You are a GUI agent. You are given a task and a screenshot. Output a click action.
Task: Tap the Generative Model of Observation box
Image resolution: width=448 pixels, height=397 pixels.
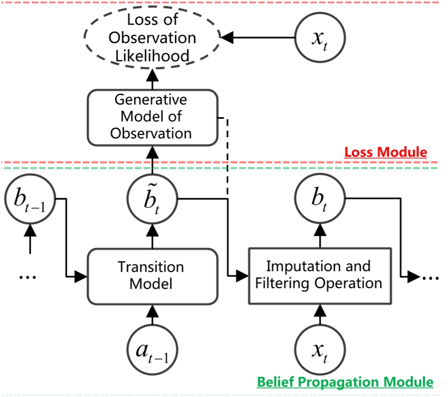152,117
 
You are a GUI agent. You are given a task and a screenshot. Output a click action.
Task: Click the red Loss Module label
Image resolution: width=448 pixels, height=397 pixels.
385,153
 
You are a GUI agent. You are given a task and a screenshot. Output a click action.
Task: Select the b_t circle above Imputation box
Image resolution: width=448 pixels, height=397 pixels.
319,201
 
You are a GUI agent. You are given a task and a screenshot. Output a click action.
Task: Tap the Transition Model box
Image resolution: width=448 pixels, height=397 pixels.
152,276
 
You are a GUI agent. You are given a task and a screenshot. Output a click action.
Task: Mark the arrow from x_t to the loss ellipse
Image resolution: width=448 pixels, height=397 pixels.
259,38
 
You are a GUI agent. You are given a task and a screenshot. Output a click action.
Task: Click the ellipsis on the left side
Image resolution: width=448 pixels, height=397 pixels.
28,276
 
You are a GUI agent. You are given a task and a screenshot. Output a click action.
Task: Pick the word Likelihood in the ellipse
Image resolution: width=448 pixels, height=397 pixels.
152,55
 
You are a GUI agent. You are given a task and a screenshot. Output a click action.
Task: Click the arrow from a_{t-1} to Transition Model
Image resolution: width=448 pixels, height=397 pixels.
152,316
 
